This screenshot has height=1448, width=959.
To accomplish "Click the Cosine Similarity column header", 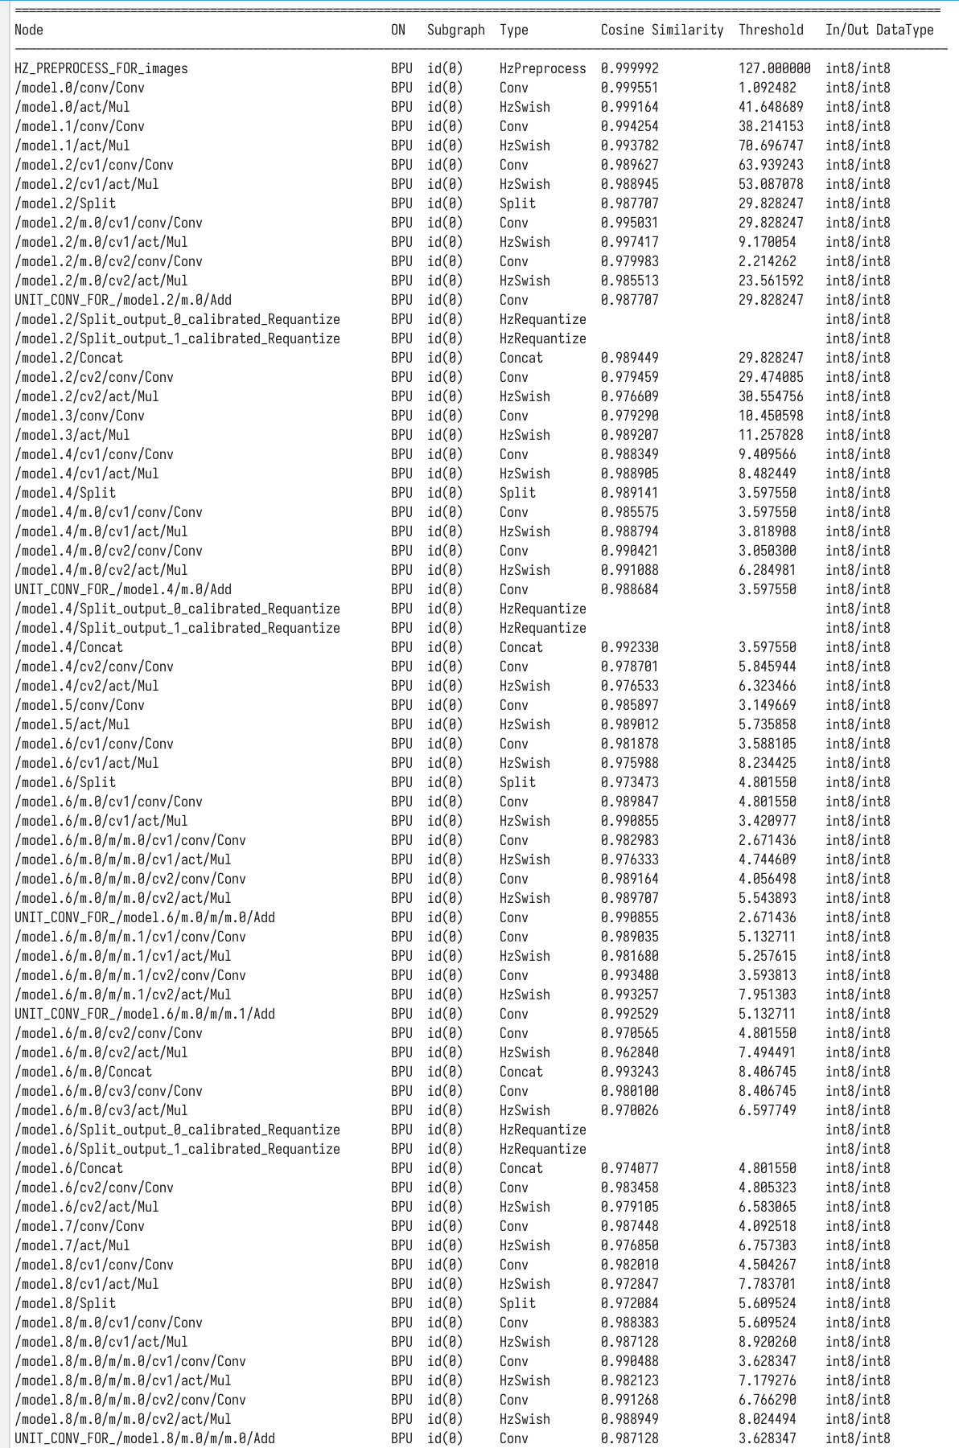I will pyautogui.click(x=661, y=30).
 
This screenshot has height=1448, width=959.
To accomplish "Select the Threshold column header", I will pyautogui.click(x=771, y=30).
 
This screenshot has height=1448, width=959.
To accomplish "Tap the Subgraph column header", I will pyautogui.click(x=455, y=30).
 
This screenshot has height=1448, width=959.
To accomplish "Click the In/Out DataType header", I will pyautogui.click(x=879, y=30).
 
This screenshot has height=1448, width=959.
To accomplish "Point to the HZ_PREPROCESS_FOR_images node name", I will pyautogui.click(x=101, y=68).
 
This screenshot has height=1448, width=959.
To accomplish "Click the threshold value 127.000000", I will pyautogui.click(x=774, y=68).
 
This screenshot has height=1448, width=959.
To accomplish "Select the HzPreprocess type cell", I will pyautogui.click(x=542, y=68).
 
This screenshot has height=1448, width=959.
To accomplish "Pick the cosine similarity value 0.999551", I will pyautogui.click(x=629, y=88).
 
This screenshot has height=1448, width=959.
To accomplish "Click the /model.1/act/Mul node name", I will pyautogui.click(x=72, y=146).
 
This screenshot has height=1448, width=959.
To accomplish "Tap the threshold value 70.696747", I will pyautogui.click(x=771, y=146).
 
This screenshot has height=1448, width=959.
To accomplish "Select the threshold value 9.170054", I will pyautogui.click(x=767, y=242).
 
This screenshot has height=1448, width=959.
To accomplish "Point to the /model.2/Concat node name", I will pyautogui.click(x=68, y=358).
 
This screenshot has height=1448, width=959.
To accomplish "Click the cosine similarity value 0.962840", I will pyautogui.click(x=629, y=1052).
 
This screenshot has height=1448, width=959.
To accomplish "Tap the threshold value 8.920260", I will pyautogui.click(x=767, y=1342).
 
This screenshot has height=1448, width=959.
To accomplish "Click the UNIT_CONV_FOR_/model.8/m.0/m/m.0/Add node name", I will pyautogui.click(x=144, y=1438).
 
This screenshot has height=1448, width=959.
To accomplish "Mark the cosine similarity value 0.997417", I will pyautogui.click(x=629, y=242).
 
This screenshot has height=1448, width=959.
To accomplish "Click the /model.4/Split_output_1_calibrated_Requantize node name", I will pyautogui.click(x=177, y=628).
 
